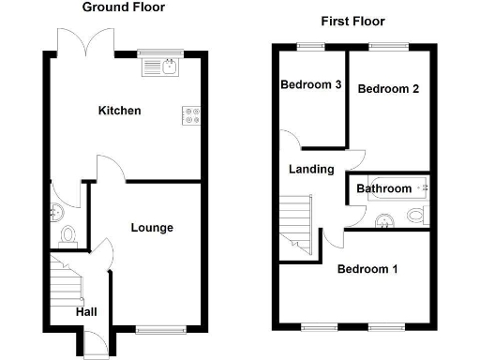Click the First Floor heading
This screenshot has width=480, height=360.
[352, 22]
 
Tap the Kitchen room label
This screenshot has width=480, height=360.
[120, 111]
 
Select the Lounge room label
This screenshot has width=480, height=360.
[151, 228]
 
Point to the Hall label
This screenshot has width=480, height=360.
[87, 311]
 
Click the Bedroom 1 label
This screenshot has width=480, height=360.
[367, 269]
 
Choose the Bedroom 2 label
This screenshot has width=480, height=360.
[388, 89]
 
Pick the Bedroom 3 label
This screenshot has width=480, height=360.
[310, 85]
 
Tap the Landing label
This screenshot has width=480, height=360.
[311, 170]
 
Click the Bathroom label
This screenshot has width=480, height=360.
[383, 188]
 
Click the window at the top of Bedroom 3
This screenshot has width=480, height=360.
[309, 45]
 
